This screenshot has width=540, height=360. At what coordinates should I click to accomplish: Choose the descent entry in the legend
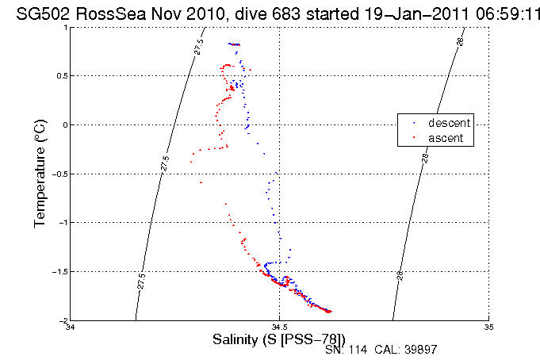(x=449, y=123)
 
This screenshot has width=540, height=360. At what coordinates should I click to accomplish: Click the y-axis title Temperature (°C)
(x=40, y=174)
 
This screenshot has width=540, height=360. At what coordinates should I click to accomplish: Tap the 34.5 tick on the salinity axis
(x=279, y=327)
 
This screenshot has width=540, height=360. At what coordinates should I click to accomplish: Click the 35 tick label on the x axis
(x=488, y=327)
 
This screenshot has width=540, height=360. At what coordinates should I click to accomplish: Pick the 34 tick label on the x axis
(x=71, y=327)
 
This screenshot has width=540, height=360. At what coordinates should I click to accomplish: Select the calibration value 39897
(x=423, y=350)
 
